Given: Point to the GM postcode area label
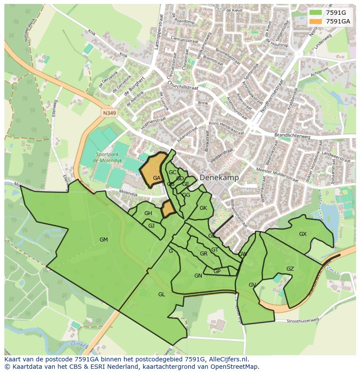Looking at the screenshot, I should [103, 240].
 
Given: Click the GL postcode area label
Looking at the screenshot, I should [161, 295].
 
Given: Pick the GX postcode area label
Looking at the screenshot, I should [303, 234].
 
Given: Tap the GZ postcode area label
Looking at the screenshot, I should [290, 269].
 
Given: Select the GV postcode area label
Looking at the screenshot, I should [252, 285].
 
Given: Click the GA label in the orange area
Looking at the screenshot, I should [157, 178].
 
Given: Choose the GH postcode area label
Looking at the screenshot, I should [148, 213].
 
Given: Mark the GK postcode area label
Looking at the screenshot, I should [203, 208].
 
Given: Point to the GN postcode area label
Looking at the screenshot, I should [198, 276].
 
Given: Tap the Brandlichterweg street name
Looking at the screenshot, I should [293, 136].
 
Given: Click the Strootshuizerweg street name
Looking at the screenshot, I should [303, 321].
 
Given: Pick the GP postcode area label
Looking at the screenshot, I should [217, 271].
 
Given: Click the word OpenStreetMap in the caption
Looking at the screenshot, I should [234, 367].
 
